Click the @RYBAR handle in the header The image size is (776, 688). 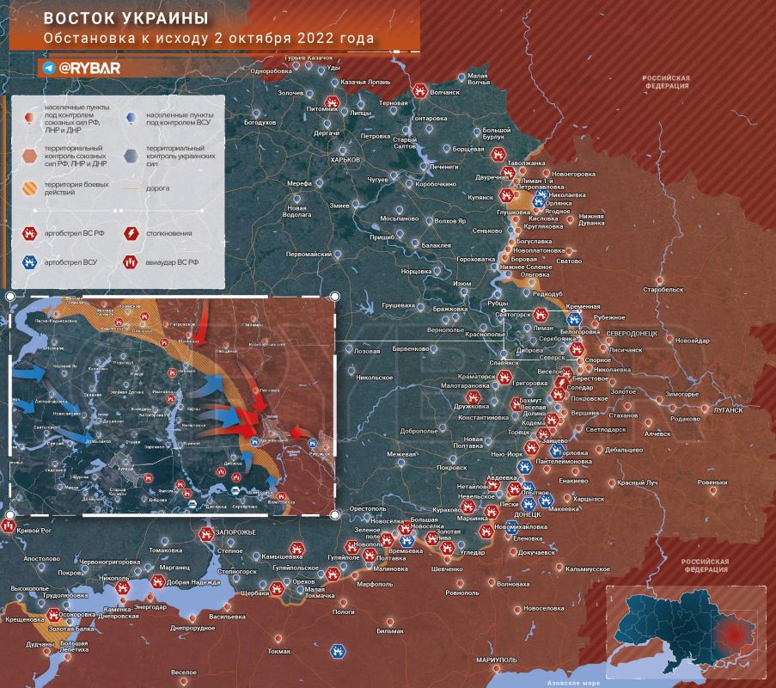click(x=82, y=66)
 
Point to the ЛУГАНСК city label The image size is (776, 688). click(x=728, y=410)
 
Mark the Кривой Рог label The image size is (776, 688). click(x=35, y=531)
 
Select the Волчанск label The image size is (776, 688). click(x=444, y=90)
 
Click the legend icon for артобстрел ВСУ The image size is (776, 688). click(x=30, y=261)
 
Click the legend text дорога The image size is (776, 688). click(x=157, y=187)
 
